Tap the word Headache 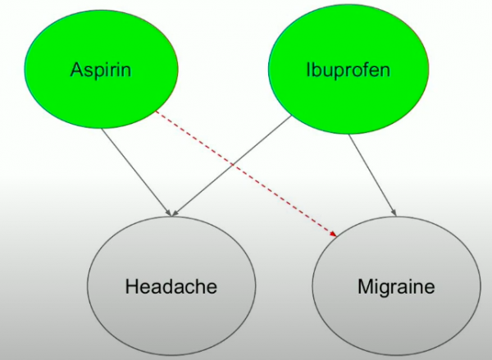(x=171, y=287)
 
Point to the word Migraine (x=395, y=287)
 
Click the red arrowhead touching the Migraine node (x=335, y=235)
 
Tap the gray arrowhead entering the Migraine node (x=394, y=213)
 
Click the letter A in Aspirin (x=75, y=69)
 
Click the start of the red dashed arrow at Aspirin (x=156, y=112)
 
